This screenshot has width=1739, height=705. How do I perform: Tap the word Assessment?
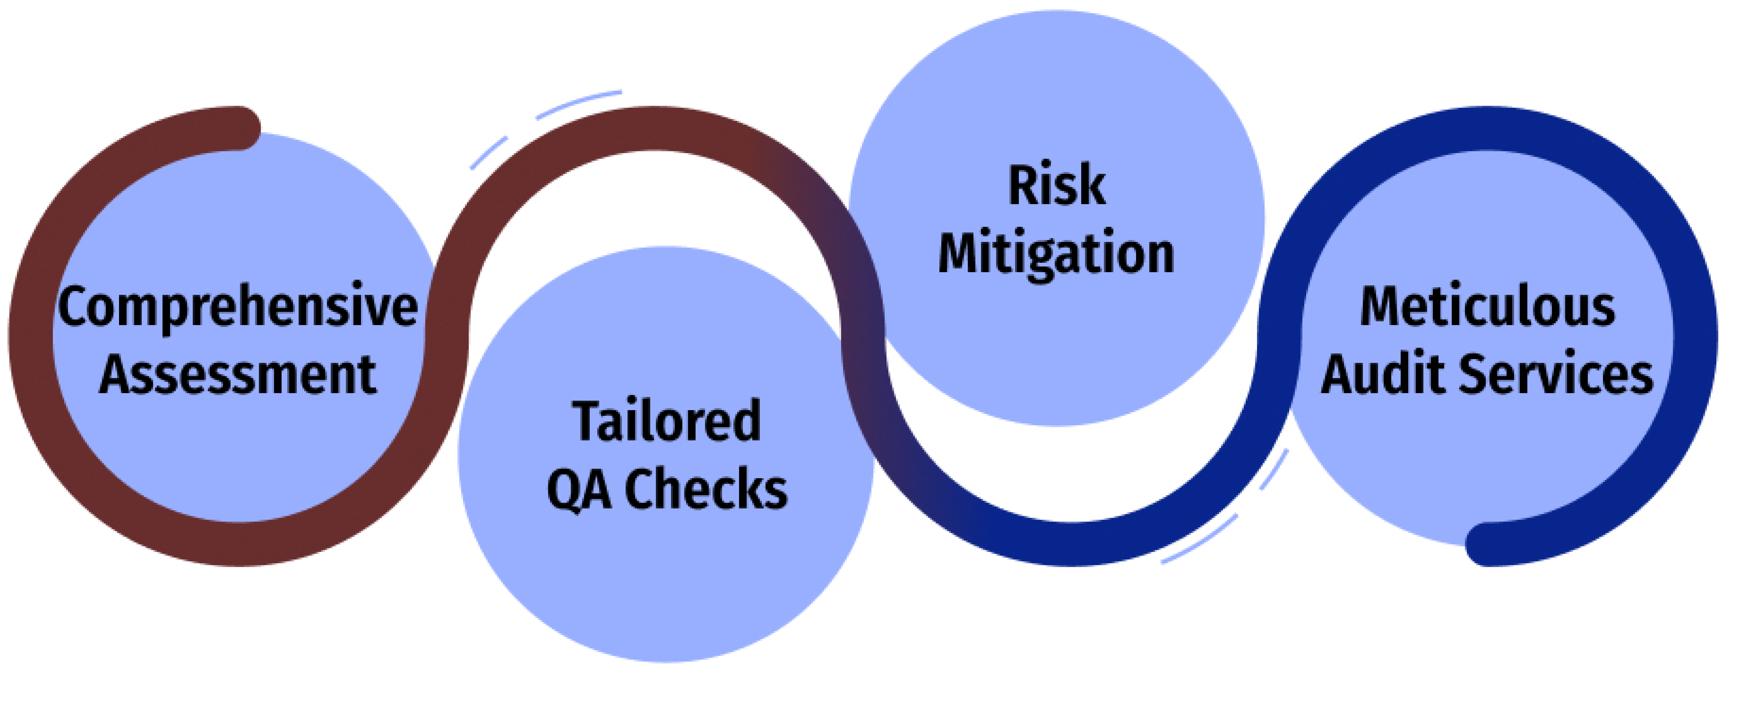(x=238, y=375)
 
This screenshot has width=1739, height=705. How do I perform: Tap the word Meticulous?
(x=1487, y=307)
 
